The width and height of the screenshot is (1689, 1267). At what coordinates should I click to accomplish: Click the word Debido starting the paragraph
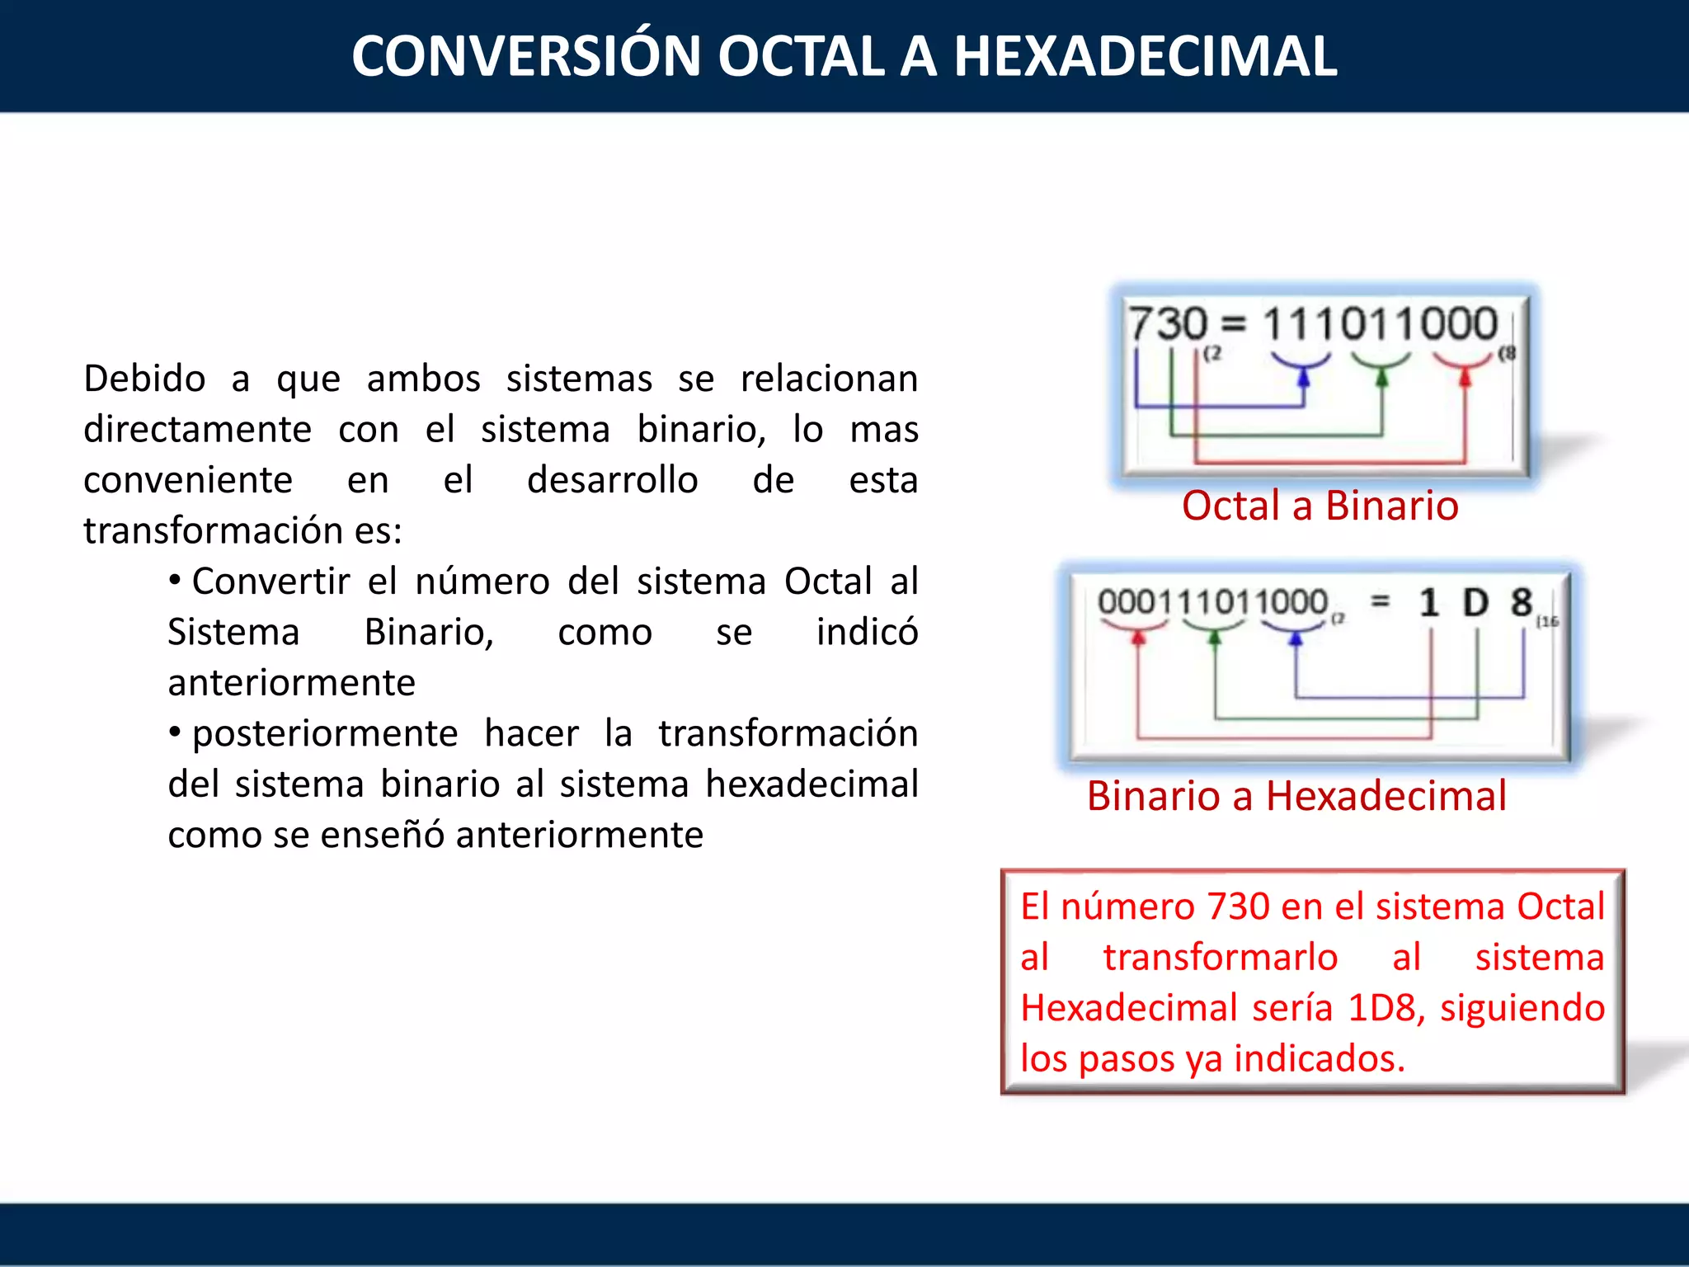pos(144,379)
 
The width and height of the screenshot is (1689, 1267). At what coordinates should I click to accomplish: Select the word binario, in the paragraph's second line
pos(701,430)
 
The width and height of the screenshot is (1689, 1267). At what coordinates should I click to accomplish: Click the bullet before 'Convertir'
pos(175,581)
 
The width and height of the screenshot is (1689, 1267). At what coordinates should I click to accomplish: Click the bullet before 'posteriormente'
pos(175,732)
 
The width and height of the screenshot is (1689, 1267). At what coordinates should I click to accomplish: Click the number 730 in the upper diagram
pos(1168,323)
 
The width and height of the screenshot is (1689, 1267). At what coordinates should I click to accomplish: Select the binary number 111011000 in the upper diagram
pos(1380,323)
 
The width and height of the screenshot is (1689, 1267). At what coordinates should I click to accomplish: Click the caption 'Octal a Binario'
pos(1320,506)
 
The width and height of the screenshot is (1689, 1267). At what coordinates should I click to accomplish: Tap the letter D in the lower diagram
pos(1475,603)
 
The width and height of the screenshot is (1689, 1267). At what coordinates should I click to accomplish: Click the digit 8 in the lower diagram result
pos(1522,603)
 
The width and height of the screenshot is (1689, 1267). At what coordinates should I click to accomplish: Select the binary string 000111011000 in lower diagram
pos(1212,602)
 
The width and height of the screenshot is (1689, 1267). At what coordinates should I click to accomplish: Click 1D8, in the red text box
pos(1386,1008)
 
